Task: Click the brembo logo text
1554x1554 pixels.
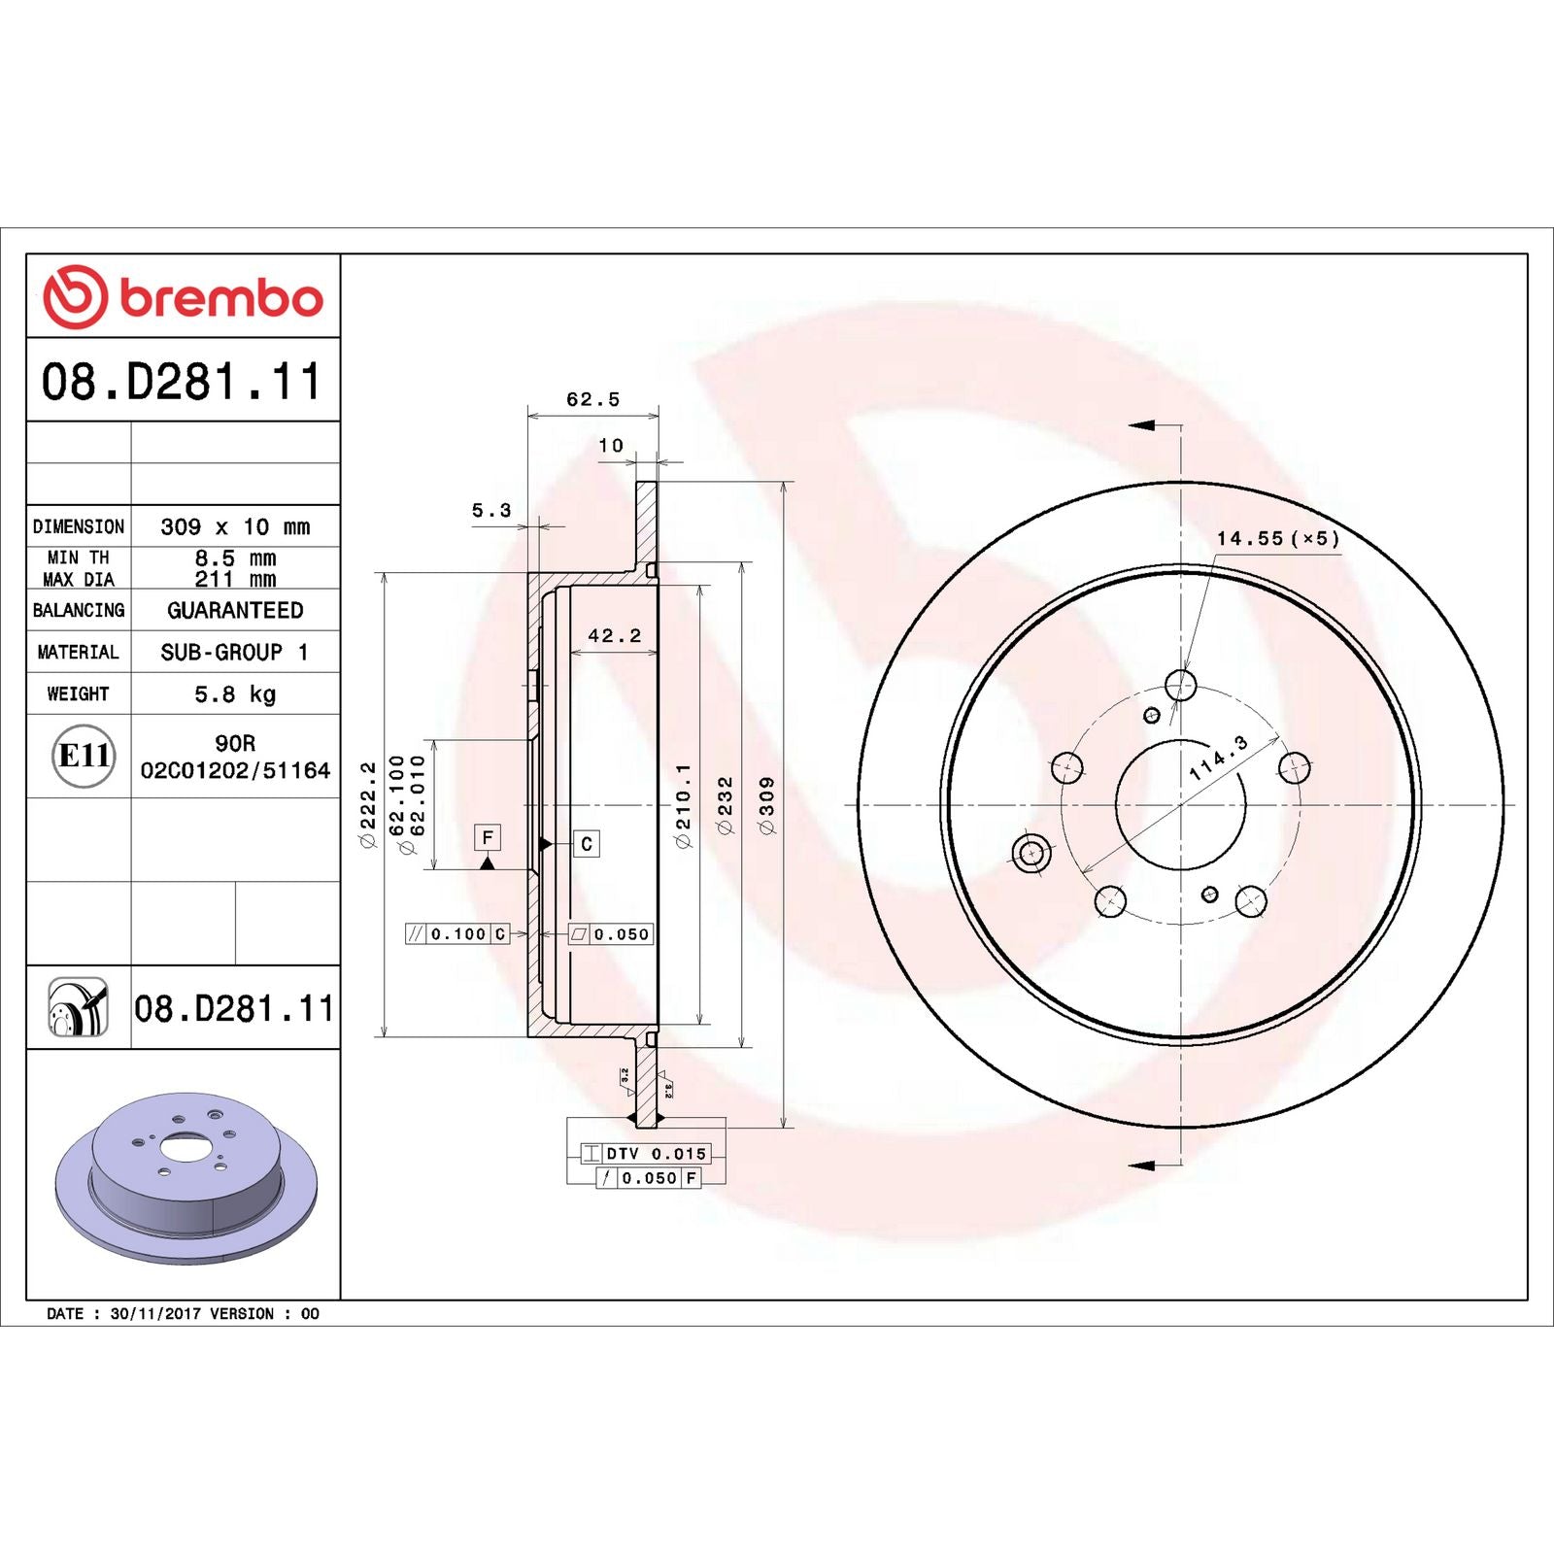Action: tap(221, 298)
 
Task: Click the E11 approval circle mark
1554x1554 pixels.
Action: tap(84, 756)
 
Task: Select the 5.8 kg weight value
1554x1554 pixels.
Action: tap(235, 693)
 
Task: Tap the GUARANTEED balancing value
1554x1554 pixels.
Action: tap(235, 610)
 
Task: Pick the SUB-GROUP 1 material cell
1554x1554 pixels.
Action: tap(235, 652)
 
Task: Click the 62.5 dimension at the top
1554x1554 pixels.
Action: tap(592, 399)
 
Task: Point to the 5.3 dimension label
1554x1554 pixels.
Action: tap(491, 510)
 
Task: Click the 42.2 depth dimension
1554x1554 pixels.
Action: tap(614, 635)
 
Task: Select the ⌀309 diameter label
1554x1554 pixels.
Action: tap(767, 805)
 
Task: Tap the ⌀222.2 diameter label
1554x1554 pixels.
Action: tap(368, 805)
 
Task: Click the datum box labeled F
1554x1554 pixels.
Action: tap(488, 837)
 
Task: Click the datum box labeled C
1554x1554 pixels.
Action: tap(587, 843)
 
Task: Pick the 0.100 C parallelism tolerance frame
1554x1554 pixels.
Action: tap(457, 934)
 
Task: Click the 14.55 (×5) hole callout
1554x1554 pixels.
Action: tap(1277, 538)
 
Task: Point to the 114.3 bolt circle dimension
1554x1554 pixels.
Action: tap(1218, 759)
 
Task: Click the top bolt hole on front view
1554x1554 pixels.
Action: tap(1180, 685)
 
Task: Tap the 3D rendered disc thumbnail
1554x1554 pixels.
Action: tap(186, 1177)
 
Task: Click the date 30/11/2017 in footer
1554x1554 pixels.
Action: tap(155, 1313)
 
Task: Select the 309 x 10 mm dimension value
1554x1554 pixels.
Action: tap(235, 526)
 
